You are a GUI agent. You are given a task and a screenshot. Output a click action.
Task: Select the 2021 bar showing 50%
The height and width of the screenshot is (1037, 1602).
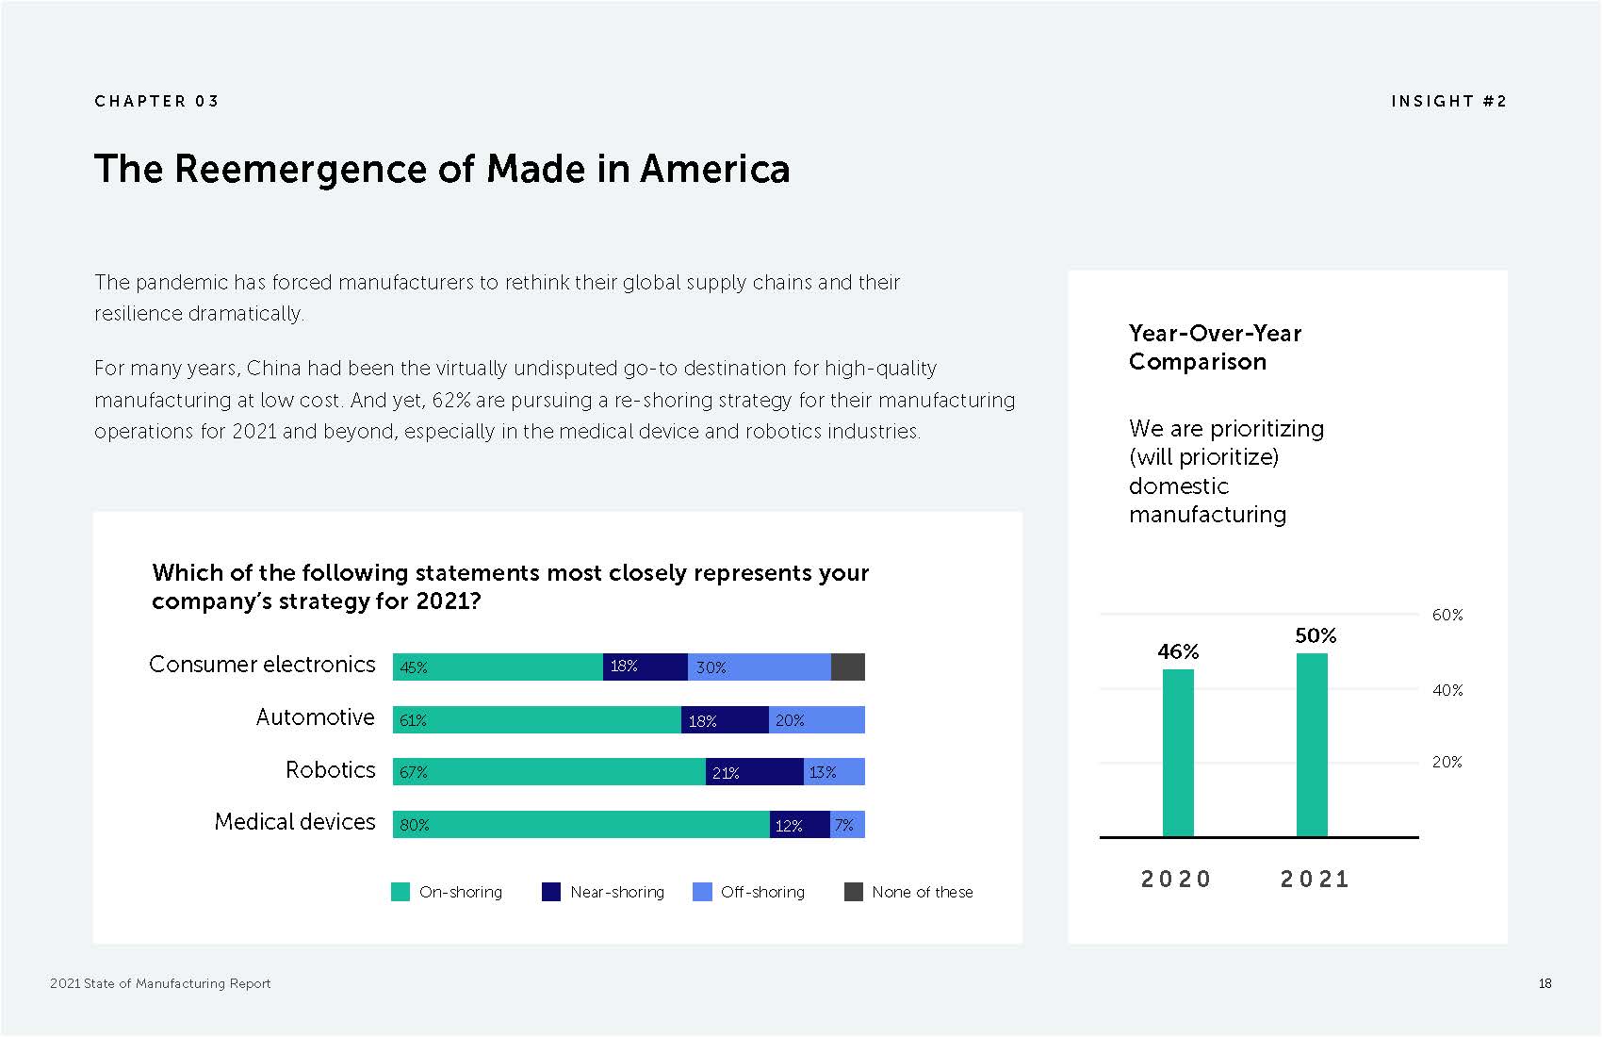click(x=1312, y=745)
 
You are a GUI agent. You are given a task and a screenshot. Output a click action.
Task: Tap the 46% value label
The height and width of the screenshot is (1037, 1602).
click(x=1178, y=651)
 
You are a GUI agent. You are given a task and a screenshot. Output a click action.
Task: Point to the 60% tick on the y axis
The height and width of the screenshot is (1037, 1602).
click(x=1447, y=615)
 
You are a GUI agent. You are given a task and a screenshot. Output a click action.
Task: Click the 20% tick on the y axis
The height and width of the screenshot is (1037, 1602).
click(x=1447, y=762)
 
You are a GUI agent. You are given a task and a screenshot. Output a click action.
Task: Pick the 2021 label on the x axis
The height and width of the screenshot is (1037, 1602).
click(x=1315, y=879)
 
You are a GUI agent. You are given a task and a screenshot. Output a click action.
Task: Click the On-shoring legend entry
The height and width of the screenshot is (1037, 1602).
click(x=447, y=892)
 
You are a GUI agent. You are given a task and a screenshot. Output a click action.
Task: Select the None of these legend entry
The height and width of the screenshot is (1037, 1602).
click(x=908, y=892)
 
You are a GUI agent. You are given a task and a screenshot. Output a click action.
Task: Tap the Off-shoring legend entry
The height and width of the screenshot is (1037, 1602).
click(x=749, y=892)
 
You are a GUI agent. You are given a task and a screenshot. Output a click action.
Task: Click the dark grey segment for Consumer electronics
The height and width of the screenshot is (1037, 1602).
click(x=848, y=667)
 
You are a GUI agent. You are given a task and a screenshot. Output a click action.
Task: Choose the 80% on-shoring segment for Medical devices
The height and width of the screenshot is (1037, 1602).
click(x=580, y=825)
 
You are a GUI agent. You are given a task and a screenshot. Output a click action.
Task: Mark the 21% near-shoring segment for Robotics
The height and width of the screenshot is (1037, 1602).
click(x=754, y=772)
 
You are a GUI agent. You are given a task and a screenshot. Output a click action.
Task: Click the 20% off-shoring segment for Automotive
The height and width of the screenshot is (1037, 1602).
click(x=816, y=720)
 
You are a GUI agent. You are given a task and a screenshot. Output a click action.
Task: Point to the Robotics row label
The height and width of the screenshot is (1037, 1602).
click(x=330, y=770)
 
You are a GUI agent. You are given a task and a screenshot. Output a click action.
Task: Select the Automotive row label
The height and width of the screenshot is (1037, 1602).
click(x=315, y=717)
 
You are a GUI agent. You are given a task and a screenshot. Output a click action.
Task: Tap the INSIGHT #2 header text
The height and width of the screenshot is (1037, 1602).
click(x=1448, y=101)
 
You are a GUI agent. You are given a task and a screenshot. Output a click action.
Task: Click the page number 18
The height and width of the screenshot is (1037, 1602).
click(x=1545, y=983)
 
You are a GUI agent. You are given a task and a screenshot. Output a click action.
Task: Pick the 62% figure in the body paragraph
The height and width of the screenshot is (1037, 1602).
click(x=450, y=400)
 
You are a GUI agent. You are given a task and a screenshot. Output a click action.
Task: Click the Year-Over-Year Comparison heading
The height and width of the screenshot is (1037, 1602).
click(x=1215, y=347)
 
